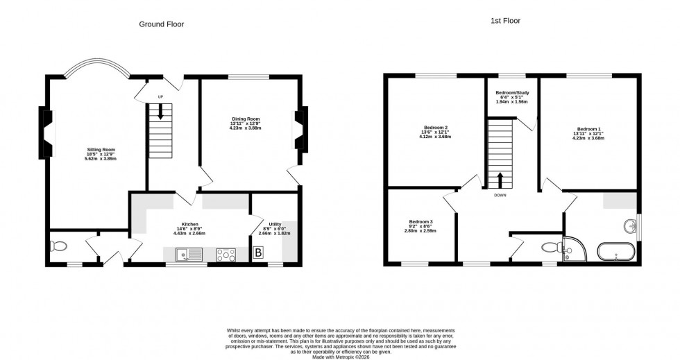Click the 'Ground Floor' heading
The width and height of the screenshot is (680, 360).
(161, 24)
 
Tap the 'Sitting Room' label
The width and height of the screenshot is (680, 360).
(101, 149)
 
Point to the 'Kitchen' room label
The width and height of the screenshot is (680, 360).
(190, 224)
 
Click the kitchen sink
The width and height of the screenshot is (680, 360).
(184, 255)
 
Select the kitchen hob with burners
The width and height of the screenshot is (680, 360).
(227, 255)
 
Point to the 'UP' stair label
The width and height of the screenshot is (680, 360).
(161, 96)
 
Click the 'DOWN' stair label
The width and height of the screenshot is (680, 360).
(500, 196)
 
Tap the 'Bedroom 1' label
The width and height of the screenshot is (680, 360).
(589, 129)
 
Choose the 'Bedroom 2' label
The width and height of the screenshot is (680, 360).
(436, 128)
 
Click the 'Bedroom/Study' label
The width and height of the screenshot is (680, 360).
(511, 93)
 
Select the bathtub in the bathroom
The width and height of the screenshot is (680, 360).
(617, 252)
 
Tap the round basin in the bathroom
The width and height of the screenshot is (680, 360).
(631, 227)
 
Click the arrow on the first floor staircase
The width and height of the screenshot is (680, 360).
(500, 179)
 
